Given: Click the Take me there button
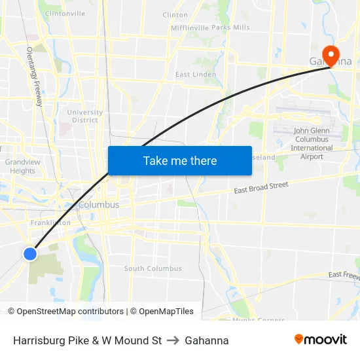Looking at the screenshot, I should point(179,160).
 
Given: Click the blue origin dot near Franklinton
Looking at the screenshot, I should point(30,253).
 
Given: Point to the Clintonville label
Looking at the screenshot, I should point(65,13).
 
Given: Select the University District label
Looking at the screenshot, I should point(85,116).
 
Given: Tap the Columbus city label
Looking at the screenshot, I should point(99,205).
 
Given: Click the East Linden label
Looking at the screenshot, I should point(196,74).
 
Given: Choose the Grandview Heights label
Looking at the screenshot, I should point(22,166).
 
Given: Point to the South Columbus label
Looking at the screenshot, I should point(153,268).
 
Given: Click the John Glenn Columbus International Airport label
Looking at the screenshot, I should point(312,143).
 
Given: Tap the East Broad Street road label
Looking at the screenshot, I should point(261,189).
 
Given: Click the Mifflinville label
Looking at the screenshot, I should point(190,27).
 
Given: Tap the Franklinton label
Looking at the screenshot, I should point(50,223).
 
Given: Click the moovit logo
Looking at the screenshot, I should point(321,339).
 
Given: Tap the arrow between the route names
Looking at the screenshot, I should point(173,340).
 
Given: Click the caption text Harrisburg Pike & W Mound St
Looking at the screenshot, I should point(87,340).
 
